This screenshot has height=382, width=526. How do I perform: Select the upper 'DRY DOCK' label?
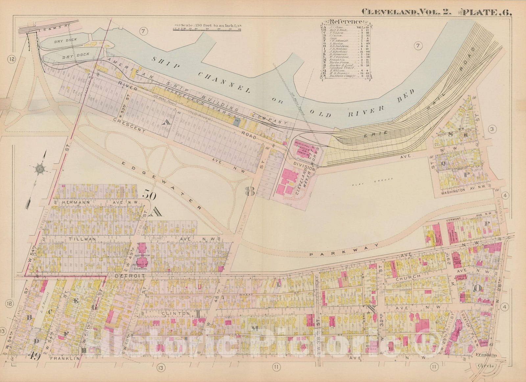(66, 40)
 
